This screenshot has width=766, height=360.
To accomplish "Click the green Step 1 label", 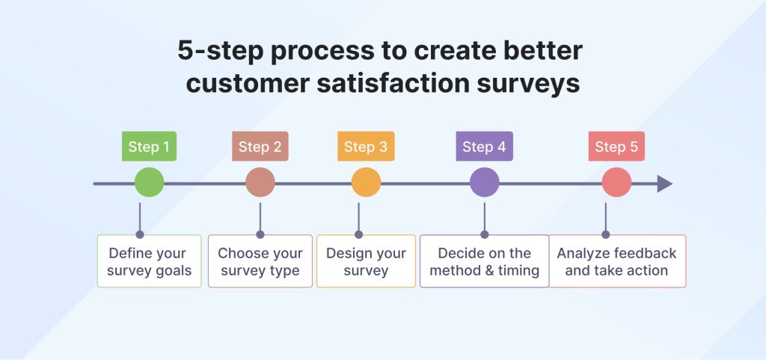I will click(x=149, y=147).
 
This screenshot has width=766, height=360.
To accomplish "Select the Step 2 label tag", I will click(x=260, y=147).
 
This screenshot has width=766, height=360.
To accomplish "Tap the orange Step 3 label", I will click(x=366, y=147).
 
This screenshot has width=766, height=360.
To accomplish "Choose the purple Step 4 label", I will click(x=484, y=147).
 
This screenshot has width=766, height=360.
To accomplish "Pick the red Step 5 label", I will click(x=616, y=147).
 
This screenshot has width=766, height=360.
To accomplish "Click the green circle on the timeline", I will click(x=149, y=183).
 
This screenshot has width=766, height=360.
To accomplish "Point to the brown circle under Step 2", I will click(x=260, y=183).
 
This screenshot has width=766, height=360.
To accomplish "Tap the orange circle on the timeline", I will click(x=366, y=183).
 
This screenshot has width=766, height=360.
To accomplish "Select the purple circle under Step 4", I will click(x=484, y=183).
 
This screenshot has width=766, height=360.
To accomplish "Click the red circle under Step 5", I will click(x=616, y=183).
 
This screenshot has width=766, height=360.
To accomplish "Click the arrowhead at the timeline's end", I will click(x=664, y=183).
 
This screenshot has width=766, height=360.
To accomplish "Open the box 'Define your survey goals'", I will click(x=149, y=261).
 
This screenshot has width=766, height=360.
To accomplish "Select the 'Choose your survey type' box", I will click(x=260, y=261).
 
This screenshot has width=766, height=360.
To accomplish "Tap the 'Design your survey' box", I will click(x=366, y=261).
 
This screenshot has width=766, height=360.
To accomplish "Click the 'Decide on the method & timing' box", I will click(x=484, y=261).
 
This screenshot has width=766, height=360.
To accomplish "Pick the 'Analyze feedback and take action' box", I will click(x=616, y=261).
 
